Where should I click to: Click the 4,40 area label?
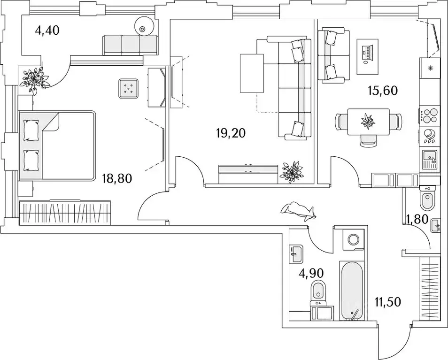(x=47, y=31)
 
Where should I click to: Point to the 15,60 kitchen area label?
(x=382, y=91)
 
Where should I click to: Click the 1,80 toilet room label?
(x=417, y=218)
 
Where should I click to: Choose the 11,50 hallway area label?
(x=387, y=302)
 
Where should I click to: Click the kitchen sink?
(x=430, y=159)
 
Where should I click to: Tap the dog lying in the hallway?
(x=299, y=210)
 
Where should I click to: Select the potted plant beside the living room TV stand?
(x=292, y=172)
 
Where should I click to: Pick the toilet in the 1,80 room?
(x=427, y=199)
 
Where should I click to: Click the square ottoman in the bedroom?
(x=129, y=88)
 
